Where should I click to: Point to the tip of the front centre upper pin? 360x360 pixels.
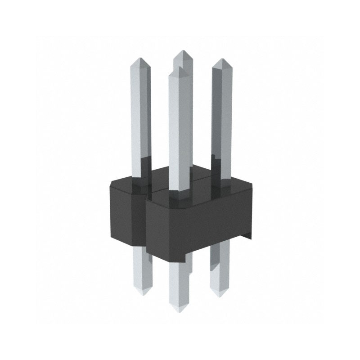pyautogui.click(x=179, y=69)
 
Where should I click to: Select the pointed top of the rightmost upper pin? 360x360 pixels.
pyautogui.click(x=220, y=61)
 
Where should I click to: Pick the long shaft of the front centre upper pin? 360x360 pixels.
pyautogui.click(x=179, y=130)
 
